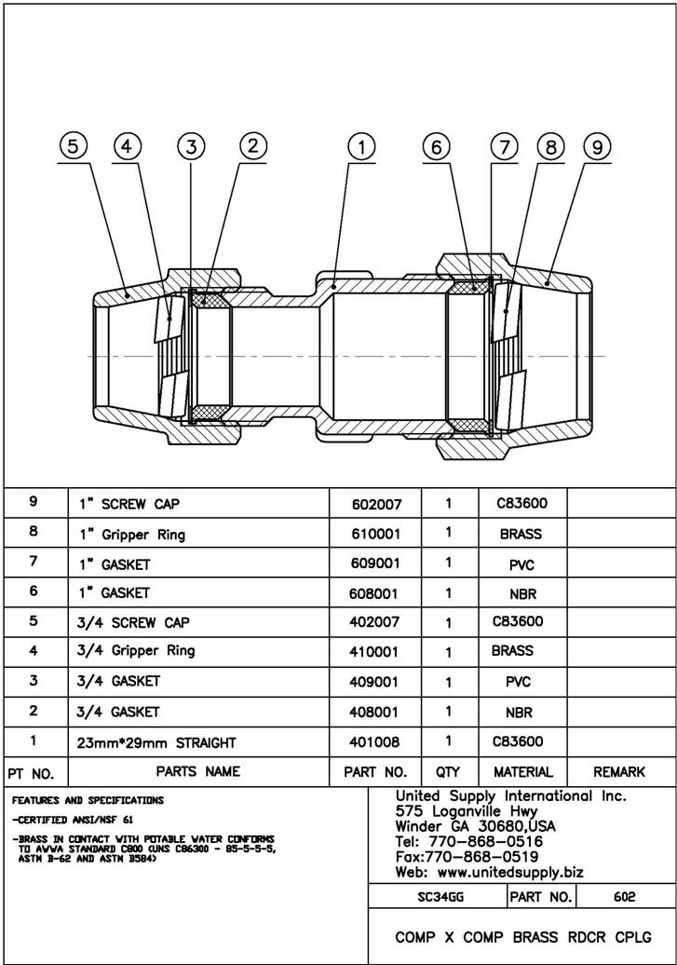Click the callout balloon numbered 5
[74, 146]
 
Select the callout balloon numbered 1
[360, 146]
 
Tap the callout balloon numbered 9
[596, 146]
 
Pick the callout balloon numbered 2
[253, 145]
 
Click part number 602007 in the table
[377, 504]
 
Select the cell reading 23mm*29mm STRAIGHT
[156, 742]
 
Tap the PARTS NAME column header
[197, 771]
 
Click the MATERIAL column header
[522, 772]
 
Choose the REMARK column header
[619, 772]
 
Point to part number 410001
[377, 652]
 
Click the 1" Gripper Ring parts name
[131, 535]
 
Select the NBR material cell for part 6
[522, 593]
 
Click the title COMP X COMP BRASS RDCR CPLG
[522, 937]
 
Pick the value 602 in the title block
[625, 897]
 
